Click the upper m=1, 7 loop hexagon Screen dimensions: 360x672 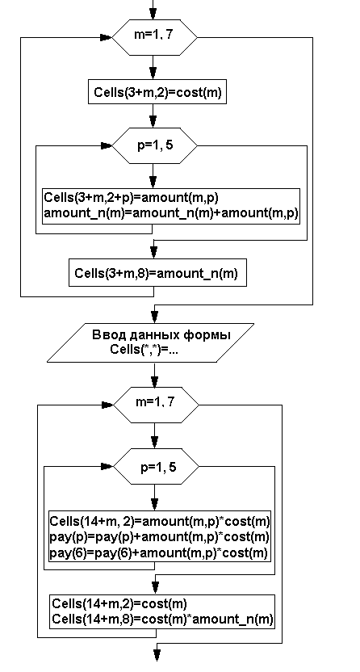[154, 37]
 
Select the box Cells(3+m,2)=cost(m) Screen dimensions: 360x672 [157, 92]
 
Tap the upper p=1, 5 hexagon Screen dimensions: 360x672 [154, 145]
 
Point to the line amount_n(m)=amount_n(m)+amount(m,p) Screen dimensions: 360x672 [171, 213]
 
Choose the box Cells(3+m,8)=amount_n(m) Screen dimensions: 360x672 [158, 272]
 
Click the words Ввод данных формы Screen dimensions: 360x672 [161, 334]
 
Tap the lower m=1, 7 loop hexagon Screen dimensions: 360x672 [156, 405]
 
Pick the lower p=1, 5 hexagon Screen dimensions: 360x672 [156, 467]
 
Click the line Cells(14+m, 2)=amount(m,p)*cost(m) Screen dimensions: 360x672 [160, 521]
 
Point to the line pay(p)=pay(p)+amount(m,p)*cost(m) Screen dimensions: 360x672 [160, 536]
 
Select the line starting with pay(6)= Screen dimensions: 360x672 [159, 552]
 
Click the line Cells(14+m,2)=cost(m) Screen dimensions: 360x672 [119, 604]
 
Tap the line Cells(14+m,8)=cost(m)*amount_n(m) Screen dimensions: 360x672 [162, 619]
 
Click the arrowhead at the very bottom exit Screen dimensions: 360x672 [157, 655]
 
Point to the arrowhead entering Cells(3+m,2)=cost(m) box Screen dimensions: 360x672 [153, 73]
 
